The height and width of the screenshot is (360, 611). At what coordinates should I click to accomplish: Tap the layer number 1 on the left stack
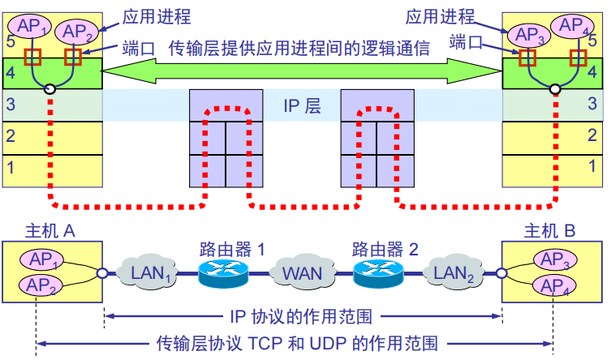coord(11,168)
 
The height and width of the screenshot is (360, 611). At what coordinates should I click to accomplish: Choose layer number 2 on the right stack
coord(592,135)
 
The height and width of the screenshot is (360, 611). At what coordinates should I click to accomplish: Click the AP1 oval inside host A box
coord(41,260)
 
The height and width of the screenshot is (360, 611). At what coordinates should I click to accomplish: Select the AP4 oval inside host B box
coord(557,285)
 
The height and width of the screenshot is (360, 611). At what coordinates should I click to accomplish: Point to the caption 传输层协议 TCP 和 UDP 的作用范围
coord(297,342)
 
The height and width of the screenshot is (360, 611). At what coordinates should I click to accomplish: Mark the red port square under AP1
coord(32,58)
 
